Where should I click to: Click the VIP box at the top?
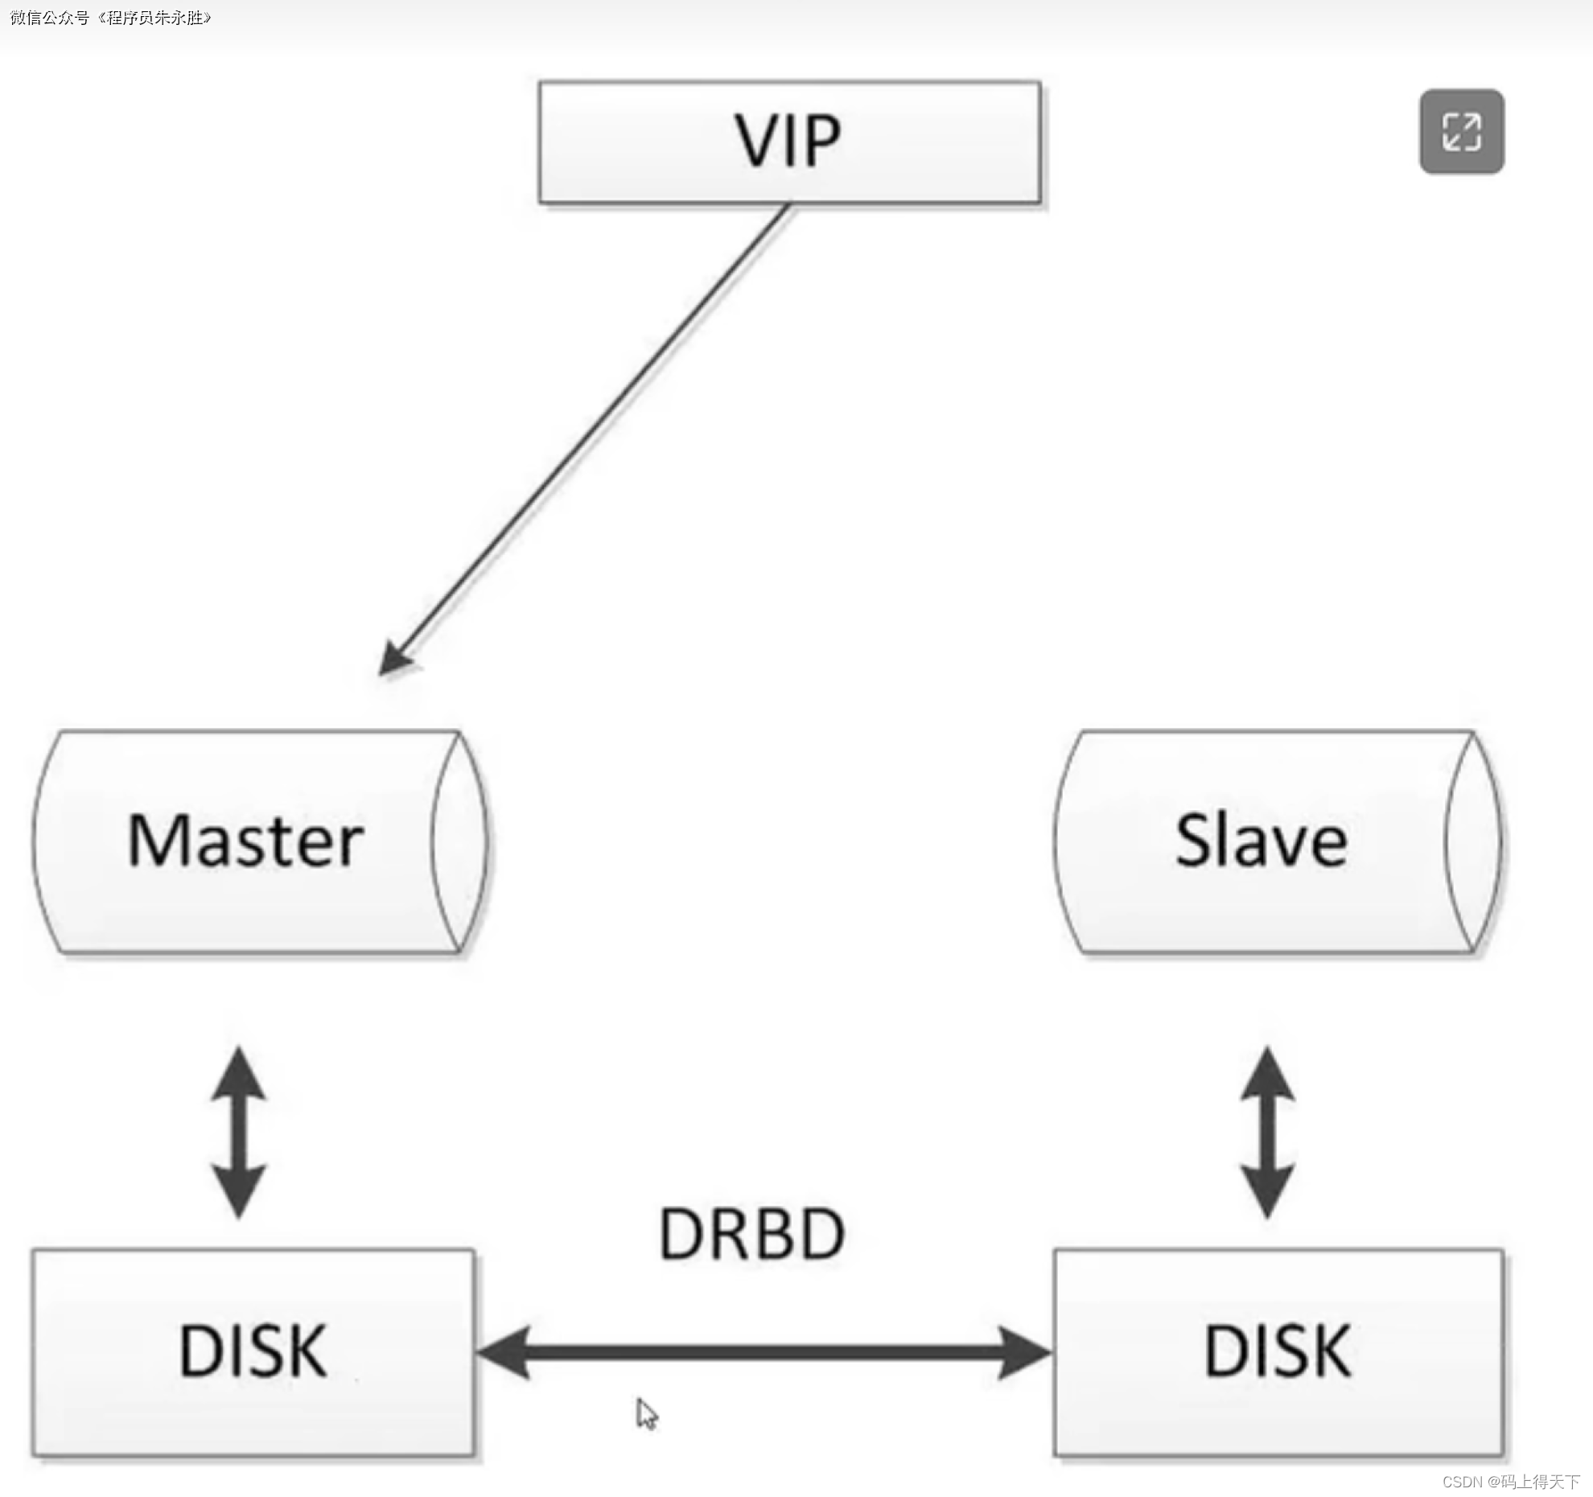point(789,142)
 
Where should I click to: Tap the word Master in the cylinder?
point(245,841)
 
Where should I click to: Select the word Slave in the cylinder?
point(1261,841)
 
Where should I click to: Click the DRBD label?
point(751,1234)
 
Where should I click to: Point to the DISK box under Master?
point(253,1351)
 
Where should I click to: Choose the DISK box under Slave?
point(1278,1351)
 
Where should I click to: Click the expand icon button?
point(1461,132)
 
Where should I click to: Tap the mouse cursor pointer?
point(646,1413)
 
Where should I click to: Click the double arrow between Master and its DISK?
point(239,1133)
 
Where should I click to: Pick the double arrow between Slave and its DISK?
point(1268,1133)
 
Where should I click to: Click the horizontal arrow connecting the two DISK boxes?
point(763,1353)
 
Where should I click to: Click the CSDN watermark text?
point(1510,1482)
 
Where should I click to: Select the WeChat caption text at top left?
point(110,18)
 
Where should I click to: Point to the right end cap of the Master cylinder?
point(459,841)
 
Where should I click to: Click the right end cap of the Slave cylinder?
point(1472,841)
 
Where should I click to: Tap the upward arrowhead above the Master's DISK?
point(239,1073)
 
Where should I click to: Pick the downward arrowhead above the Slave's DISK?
point(1268,1191)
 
